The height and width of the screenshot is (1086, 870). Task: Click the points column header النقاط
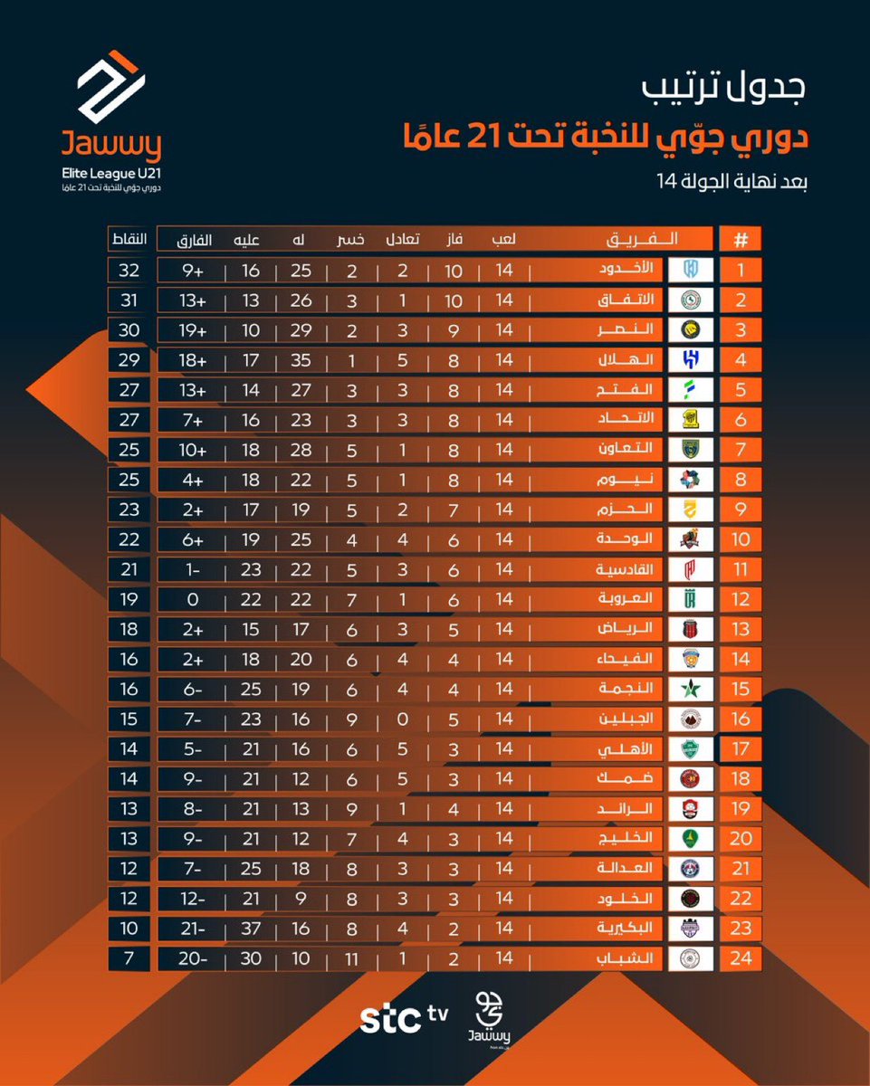[x=129, y=240]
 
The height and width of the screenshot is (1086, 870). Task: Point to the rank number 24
[x=740, y=957]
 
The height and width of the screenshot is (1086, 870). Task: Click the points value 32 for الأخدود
[x=129, y=270]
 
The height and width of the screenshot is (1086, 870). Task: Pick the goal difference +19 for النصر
[x=193, y=329]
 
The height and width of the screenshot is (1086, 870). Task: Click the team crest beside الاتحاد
[x=691, y=420]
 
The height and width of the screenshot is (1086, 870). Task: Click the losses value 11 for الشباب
[x=351, y=957]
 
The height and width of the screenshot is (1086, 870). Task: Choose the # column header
[x=740, y=240]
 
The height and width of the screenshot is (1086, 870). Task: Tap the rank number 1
[x=740, y=270]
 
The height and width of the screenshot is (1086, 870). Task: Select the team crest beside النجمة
[x=691, y=689]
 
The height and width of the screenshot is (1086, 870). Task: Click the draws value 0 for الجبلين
[x=402, y=719]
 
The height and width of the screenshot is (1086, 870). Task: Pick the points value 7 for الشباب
[x=129, y=957]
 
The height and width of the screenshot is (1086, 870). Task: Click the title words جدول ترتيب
[x=725, y=89]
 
